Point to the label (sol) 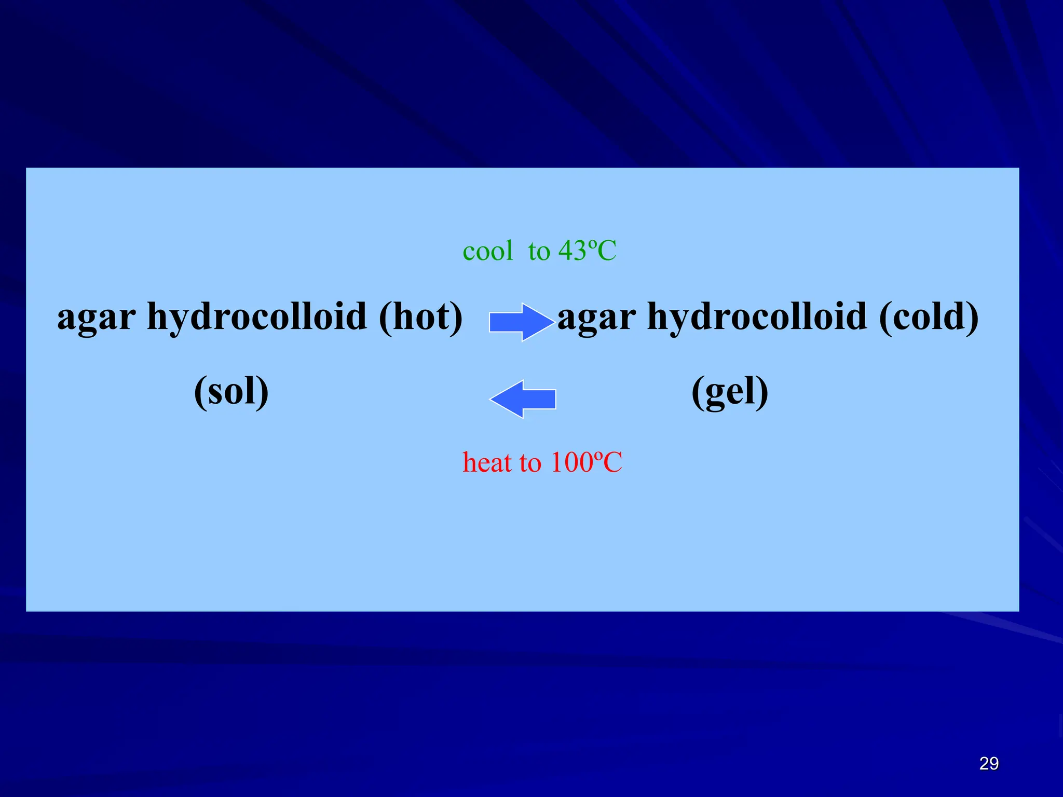click(231, 391)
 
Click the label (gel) click(730, 392)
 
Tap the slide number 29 click(989, 763)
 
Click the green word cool click(487, 251)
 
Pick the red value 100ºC click(586, 462)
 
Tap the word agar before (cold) click(596, 318)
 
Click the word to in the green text click(539, 252)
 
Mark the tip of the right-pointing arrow click(553, 322)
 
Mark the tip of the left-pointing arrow click(491, 399)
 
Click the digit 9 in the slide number click(993, 763)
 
